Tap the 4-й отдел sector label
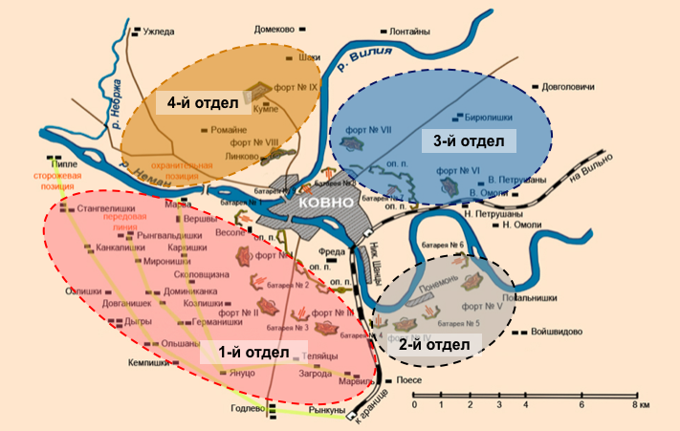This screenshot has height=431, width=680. (x=195, y=102)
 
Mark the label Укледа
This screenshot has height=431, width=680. (x=159, y=32)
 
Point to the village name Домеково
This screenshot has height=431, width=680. (x=277, y=30)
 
